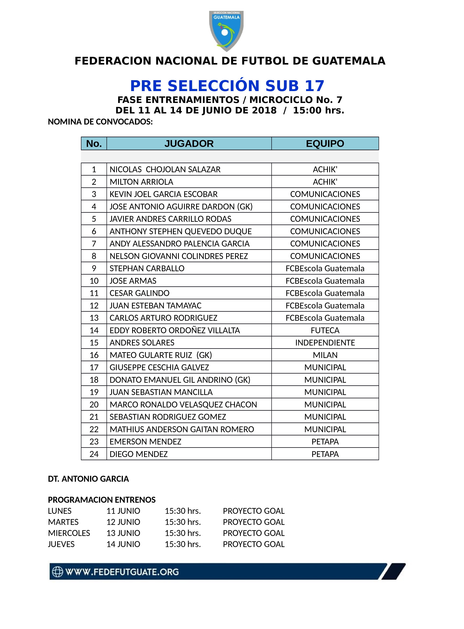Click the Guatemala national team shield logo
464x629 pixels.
pos(226,31)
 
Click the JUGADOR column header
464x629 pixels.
pos(189,144)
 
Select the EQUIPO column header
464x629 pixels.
pos(325,144)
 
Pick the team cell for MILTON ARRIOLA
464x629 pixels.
pos(325,182)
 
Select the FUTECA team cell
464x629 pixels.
pos(325,330)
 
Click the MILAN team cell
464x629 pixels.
pos(325,355)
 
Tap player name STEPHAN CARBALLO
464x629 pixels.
pos(147,268)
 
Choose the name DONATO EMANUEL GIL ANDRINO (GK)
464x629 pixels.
pos(180,380)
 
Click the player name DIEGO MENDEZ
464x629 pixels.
pos(139,454)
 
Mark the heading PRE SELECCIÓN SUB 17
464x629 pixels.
pos(227,86)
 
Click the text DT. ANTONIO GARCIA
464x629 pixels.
pos(88,479)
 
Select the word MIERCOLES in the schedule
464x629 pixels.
pos(69,533)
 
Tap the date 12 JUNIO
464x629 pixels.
pos(123,522)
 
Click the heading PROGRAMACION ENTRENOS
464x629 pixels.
pos(102,500)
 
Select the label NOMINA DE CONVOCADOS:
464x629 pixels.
pos(100,122)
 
